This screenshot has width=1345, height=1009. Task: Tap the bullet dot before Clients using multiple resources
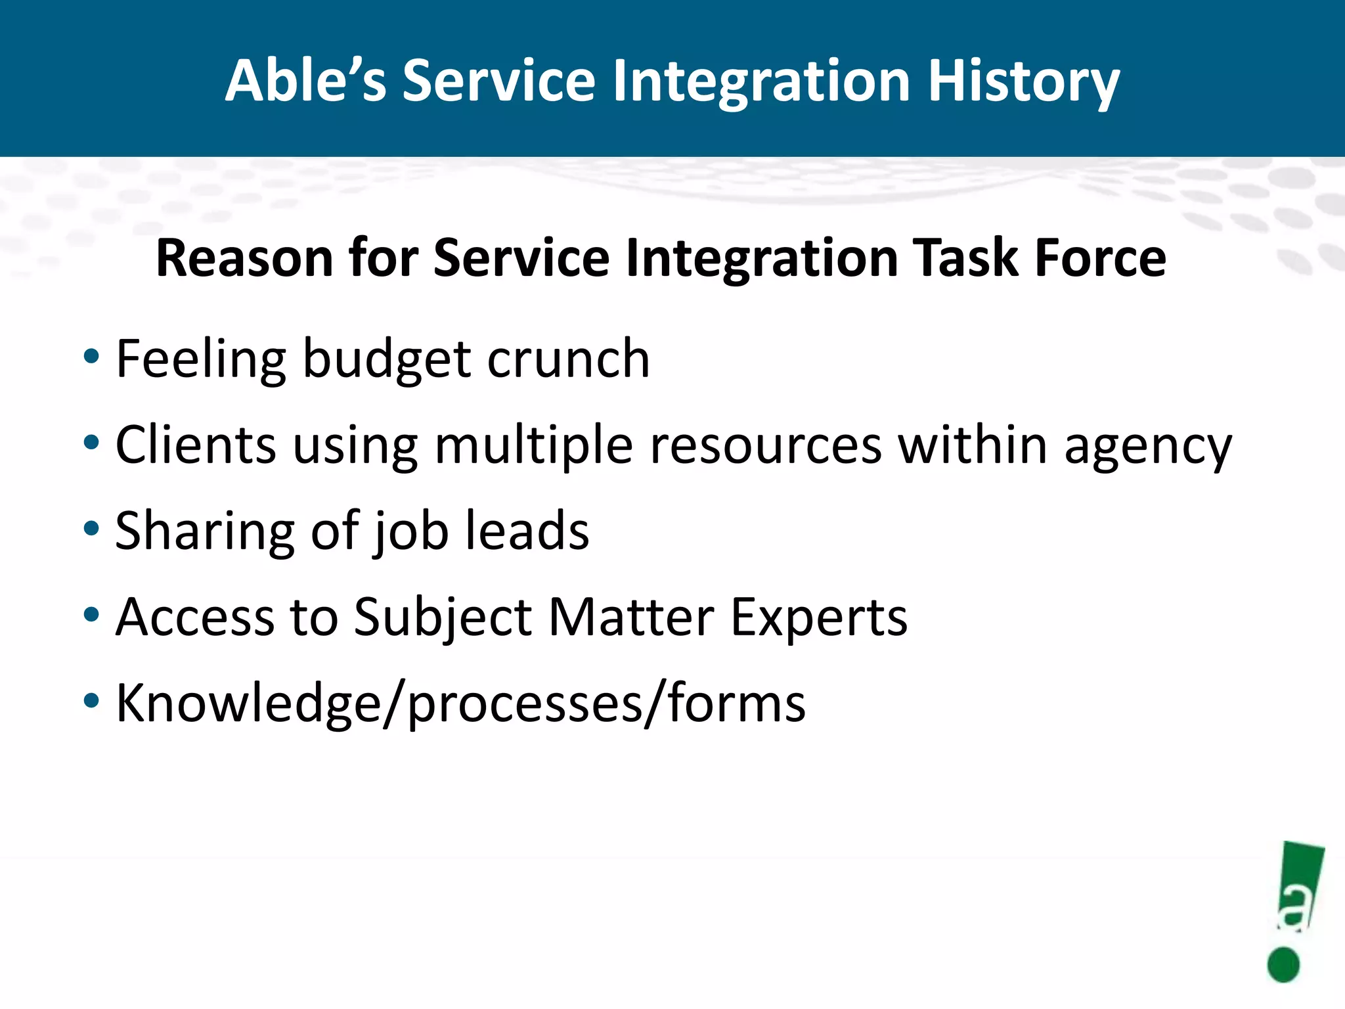[x=91, y=442]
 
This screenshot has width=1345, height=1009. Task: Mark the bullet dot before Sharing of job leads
[x=91, y=528]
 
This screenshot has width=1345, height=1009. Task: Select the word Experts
[x=819, y=617]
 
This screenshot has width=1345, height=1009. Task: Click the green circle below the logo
[x=1283, y=965]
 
